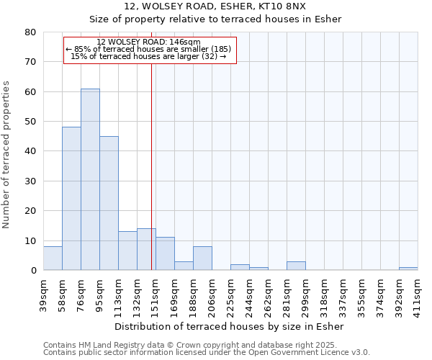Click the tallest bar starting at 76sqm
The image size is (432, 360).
90,179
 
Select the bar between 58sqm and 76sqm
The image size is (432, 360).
71,199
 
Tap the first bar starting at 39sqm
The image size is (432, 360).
53,258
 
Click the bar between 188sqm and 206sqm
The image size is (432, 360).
202,258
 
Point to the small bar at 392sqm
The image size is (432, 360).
408,269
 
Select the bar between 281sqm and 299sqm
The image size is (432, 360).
296,266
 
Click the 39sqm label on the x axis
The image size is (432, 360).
44,294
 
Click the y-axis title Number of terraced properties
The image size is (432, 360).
6,154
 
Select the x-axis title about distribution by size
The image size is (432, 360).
229,326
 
